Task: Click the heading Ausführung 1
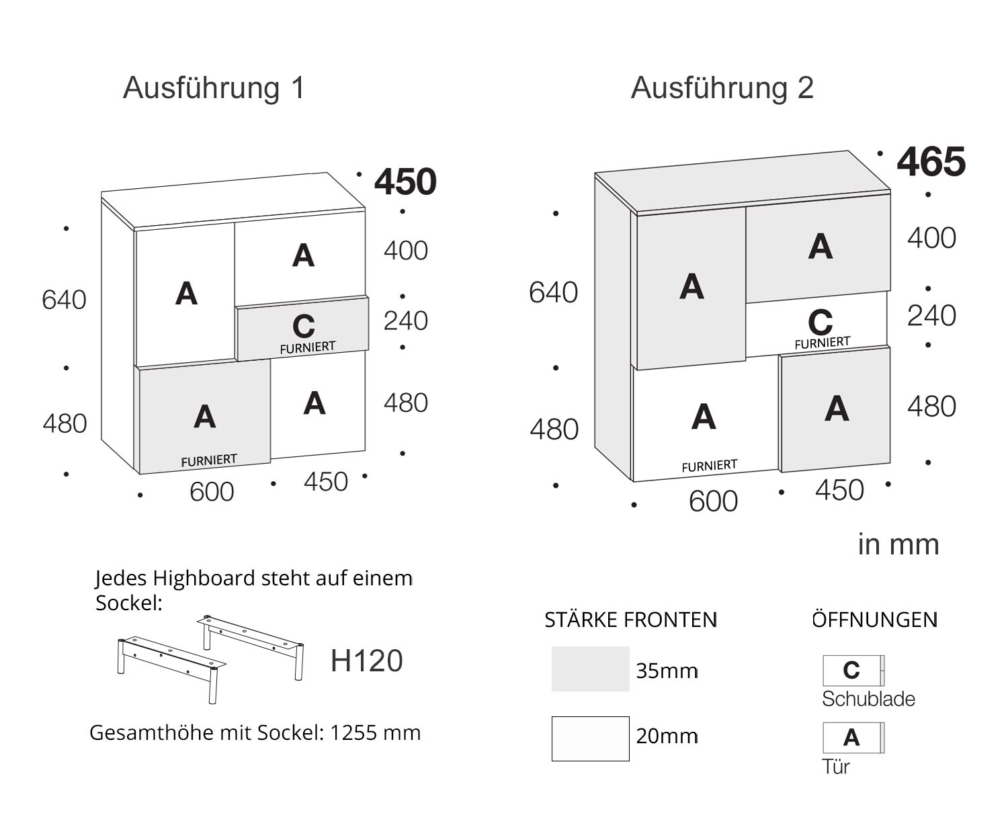pyautogui.click(x=214, y=88)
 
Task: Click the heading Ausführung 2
pyautogui.click(x=722, y=88)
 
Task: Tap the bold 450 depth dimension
pyautogui.click(x=405, y=181)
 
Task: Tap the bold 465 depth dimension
pyautogui.click(x=931, y=162)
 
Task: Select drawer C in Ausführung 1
pyautogui.click(x=302, y=329)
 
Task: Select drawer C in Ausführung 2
pyautogui.click(x=818, y=325)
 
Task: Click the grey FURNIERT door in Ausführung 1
pyautogui.click(x=204, y=418)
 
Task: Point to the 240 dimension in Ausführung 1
pyautogui.click(x=405, y=321)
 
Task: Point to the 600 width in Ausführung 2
pyautogui.click(x=713, y=501)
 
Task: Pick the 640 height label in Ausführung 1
pyautogui.click(x=64, y=300)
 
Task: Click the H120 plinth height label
pyautogui.click(x=366, y=661)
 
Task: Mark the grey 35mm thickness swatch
pyautogui.click(x=590, y=669)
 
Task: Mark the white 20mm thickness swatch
pyautogui.click(x=590, y=739)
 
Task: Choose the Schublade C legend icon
pyautogui.click(x=853, y=670)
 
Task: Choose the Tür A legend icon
pyautogui.click(x=853, y=738)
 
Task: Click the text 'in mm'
pyautogui.click(x=898, y=544)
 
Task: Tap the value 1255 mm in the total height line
pyautogui.click(x=375, y=732)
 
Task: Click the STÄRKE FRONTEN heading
pyautogui.click(x=630, y=620)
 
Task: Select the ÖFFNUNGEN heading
pyautogui.click(x=874, y=620)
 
